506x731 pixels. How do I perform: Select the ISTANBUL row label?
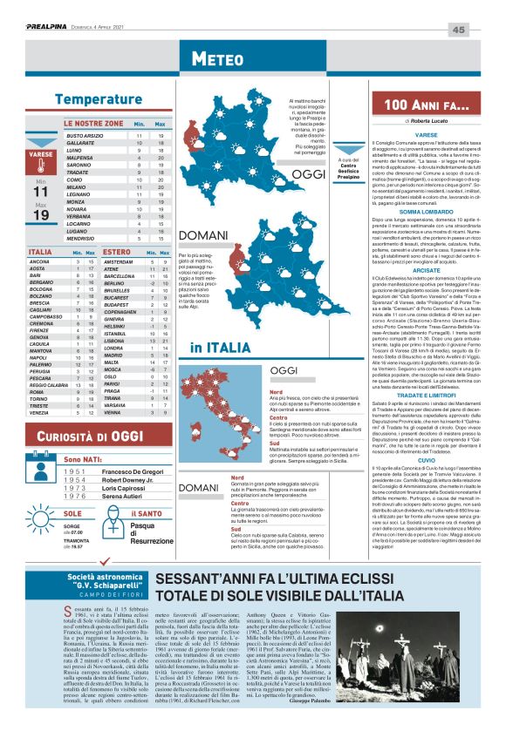[x=117, y=333]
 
